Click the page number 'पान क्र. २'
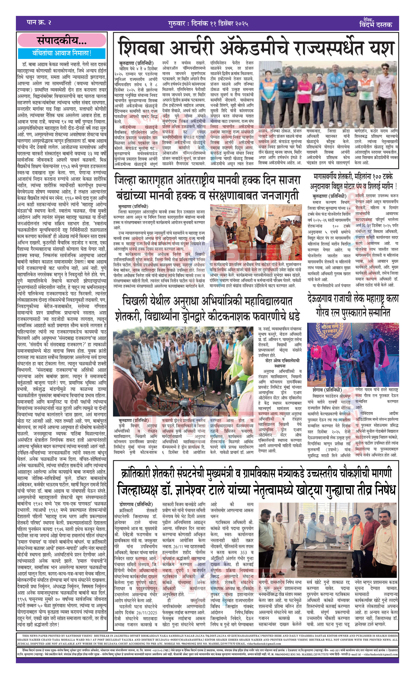[39, 23]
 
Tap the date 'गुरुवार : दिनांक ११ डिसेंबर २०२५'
[208, 24]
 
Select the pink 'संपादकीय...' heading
[62, 41]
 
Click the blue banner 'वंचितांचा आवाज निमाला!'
[62, 53]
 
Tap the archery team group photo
[328, 94]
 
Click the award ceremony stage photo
[352, 354]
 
